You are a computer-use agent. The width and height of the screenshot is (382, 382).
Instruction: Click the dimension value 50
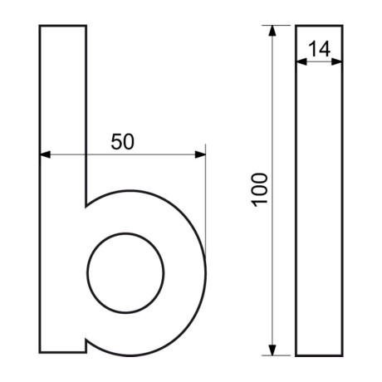122,141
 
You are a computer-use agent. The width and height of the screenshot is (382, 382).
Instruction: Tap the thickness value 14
319,49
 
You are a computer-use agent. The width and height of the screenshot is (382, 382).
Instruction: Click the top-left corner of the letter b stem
40,26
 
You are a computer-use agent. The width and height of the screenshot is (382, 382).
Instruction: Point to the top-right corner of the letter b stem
86,26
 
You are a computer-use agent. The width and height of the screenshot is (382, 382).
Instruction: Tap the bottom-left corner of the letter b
40,352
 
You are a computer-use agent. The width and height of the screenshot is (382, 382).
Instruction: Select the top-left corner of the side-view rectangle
296,26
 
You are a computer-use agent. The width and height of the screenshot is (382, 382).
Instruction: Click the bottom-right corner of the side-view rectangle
342,355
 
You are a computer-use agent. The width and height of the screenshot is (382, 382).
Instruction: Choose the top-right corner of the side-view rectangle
342,26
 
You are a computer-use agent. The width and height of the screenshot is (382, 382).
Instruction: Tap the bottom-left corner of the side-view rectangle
296,355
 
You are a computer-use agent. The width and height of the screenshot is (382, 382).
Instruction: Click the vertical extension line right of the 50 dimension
205,191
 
